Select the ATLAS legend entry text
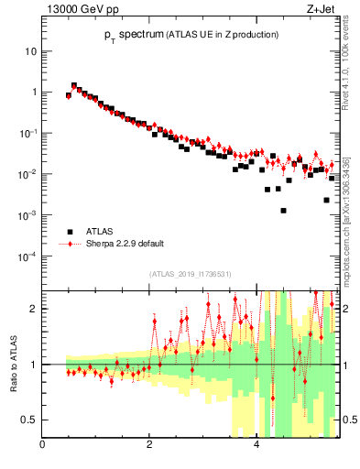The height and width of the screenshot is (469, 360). (x=100, y=232)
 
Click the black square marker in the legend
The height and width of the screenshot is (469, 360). (x=68, y=232)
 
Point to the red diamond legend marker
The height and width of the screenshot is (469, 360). (x=68, y=244)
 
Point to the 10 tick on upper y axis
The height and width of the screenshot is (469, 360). (x=30, y=51)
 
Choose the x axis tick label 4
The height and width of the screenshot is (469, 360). (x=256, y=445)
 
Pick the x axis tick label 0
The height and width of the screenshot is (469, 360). (x=42, y=445)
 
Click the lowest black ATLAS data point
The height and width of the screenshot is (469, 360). (x=284, y=211)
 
